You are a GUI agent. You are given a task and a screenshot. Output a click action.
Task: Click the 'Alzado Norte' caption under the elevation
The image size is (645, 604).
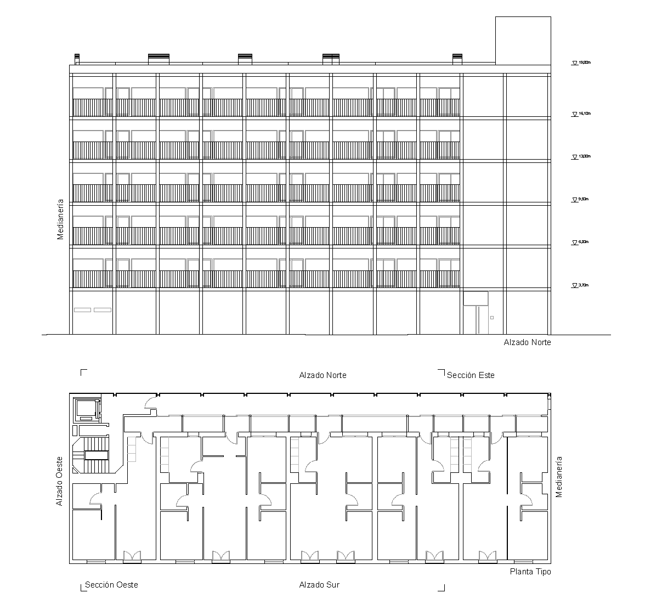[527, 342]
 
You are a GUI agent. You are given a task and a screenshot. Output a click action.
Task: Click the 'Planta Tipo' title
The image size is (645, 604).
[530, 572]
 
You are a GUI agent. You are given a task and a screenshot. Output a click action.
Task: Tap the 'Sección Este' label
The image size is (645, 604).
[471, 375]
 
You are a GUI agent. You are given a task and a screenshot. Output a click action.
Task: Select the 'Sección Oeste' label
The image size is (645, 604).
[111, 585]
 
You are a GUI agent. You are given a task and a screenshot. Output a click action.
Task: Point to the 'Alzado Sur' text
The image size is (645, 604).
[319, 585]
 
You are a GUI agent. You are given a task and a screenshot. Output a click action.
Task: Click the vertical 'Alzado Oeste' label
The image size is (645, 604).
[60, 481]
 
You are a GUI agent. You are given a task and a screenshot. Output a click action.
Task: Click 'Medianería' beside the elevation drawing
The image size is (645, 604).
[61, 219]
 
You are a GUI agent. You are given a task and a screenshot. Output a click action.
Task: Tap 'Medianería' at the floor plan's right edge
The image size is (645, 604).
[559, 477]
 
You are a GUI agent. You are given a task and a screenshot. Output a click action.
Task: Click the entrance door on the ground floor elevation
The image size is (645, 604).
[476, 319]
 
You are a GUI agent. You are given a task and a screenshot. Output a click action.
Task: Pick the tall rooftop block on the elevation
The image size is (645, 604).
[523, 40]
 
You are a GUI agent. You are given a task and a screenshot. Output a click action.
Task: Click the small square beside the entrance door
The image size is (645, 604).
[492, 318]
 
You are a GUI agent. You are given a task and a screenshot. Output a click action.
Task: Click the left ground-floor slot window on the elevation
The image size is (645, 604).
[82, 310]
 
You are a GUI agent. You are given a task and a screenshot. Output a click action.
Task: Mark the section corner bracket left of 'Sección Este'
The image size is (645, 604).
[442, 372]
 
